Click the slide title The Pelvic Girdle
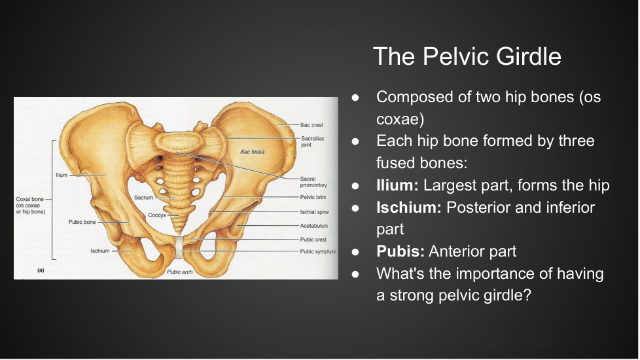pos(467,56)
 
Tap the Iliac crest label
pos(311,125)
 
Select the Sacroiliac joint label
pos(313,141)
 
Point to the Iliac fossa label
pos(252,152)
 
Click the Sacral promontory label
pos(313,182)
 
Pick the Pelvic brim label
pos(313,197)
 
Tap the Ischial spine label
pos(314,212)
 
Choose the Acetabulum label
pos(313,226)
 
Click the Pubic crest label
pos(313,240)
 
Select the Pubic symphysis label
pos(317,251)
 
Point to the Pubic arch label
pos(179,272)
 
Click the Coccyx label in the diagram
pos(157,215)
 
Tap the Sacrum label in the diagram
pos(143,198)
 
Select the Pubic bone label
pos(82,222)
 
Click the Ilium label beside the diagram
pos(62,175)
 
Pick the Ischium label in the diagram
pos(100,251)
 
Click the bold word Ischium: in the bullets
pos(408,207)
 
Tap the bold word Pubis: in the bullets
pos(400,251)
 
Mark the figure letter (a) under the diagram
pos(41,270)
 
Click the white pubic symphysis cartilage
pos(179,247)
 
